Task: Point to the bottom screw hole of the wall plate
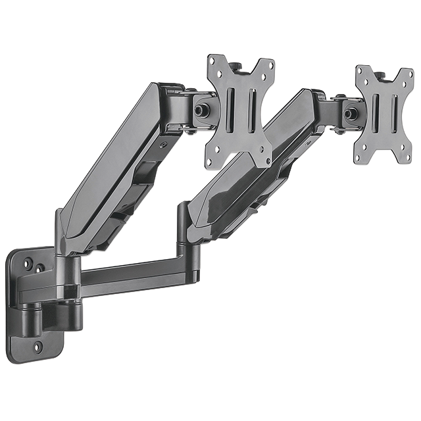click(37, 345)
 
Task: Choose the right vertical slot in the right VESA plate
click(393, 114)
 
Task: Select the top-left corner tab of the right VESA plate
click(361, 70)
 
